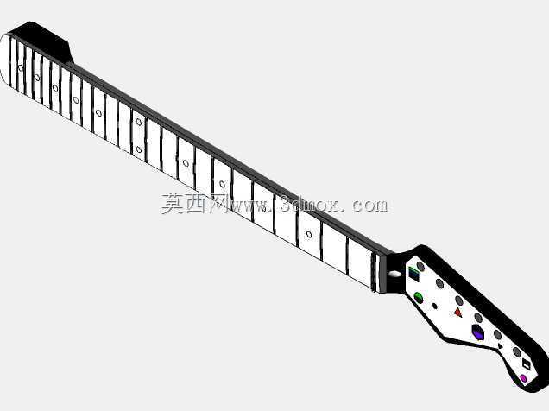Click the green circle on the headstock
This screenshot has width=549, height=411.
[x=419, y=298]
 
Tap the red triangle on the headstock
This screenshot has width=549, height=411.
[x=458, y=313]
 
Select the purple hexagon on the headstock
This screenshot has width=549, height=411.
[x=478, y=332]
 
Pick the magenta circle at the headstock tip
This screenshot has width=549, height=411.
[x=523, y=378]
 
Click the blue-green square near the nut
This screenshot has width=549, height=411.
[x=413, y=274]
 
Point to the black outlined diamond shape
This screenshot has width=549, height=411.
[x=527, y=364]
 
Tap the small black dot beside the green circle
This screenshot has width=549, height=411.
[x=435, y=306]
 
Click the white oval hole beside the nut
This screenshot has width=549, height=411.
[x=395, y=274]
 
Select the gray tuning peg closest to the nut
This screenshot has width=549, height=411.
[x=420, y=267]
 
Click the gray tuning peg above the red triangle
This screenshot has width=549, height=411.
[x=459, y=300]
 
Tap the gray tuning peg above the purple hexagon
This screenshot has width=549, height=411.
[x=478, y=318]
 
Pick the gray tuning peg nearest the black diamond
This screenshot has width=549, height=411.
[x=517, y=351]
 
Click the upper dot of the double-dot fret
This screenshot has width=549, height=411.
[x=139, y=122]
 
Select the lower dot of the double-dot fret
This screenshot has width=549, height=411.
[x=139, y=149]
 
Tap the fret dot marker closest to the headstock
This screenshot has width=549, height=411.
[x=309, y=234]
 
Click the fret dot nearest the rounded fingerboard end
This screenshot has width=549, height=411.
[x=21, y=68]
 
